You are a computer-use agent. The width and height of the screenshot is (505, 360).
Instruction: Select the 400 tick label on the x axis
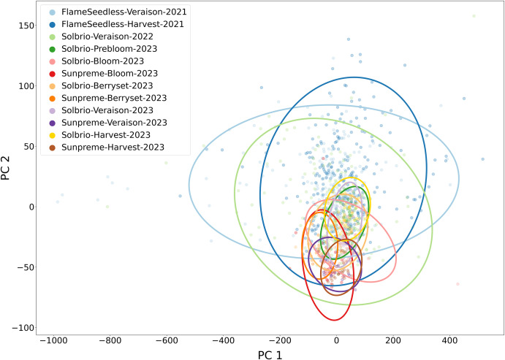pyautogui.click(x=449, y=340)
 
